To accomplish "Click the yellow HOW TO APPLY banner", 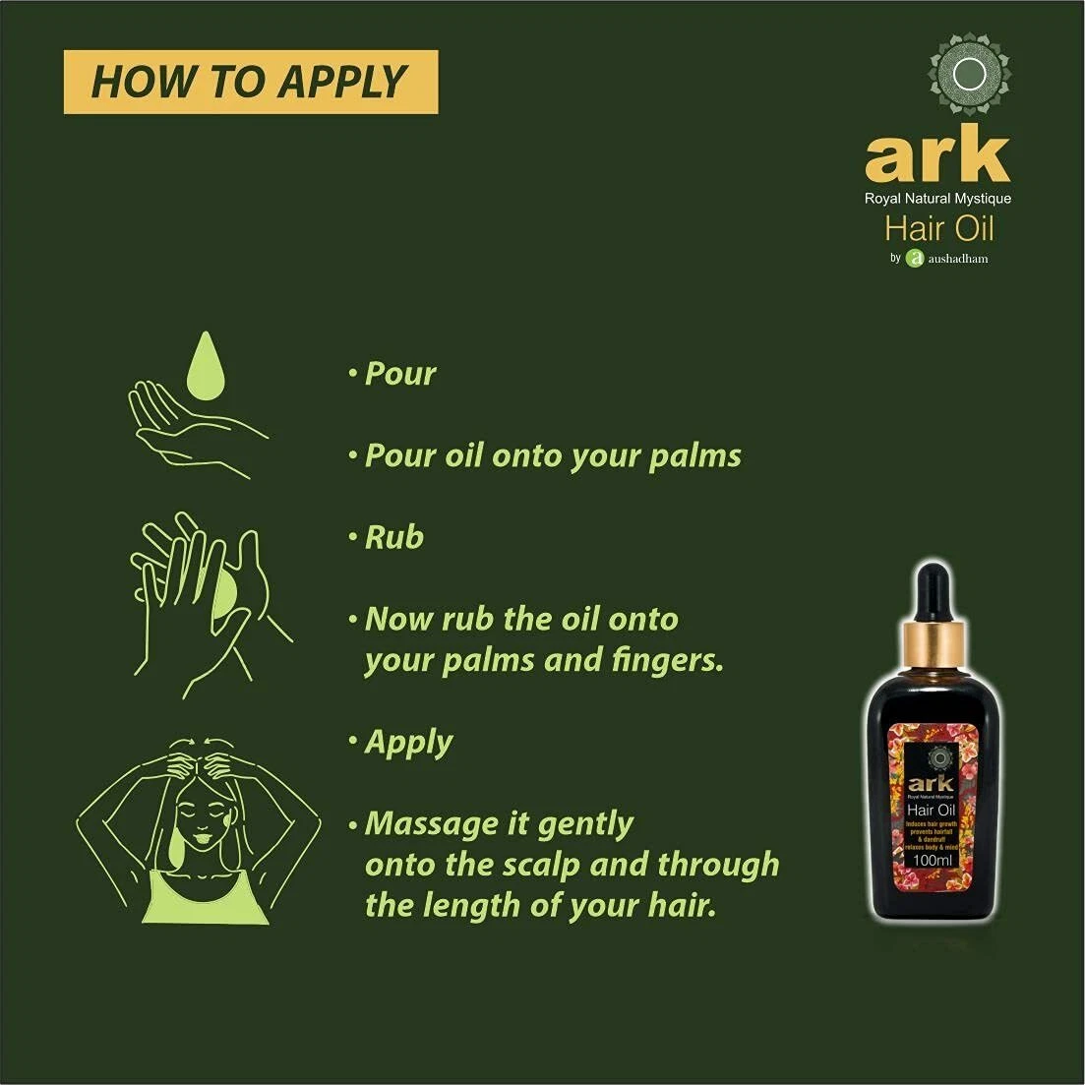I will (250, 82).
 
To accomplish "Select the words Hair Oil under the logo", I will (938, 229).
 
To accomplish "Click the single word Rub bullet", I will (393, 537).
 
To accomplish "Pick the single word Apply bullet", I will (408, 743).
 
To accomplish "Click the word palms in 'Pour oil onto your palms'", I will (694, 456).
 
